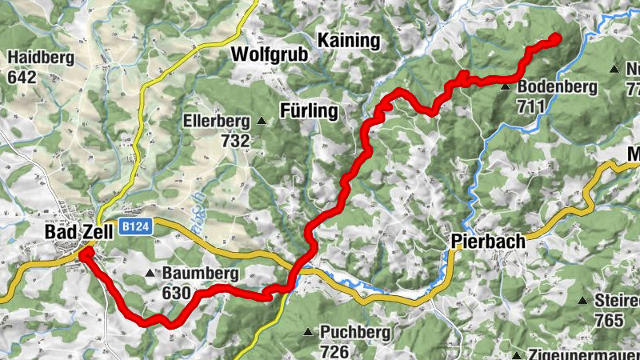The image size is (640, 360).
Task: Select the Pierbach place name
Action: pos(487,241)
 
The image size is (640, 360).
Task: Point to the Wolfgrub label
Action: pos(267,54)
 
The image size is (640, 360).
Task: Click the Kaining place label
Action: pos(347,40)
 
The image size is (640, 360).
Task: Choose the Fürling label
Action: pos(310,111)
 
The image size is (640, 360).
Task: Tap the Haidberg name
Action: pos(41,58)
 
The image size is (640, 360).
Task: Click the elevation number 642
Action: pos(22,78)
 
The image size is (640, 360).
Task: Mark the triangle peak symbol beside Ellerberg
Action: pos(262,122)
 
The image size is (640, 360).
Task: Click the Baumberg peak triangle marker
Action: pos(150,274)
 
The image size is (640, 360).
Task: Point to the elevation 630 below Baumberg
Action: pos(176,293)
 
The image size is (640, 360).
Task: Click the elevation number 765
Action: pos(610,320)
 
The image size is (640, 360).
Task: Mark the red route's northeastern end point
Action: pos(555,37)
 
